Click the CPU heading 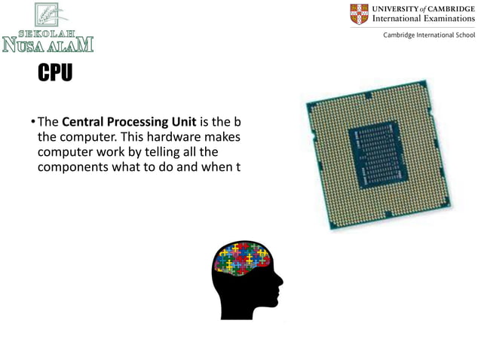pos(55,74)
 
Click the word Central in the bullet pos(83,123)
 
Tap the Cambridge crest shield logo pos(360,14)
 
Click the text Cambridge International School pos(429,35)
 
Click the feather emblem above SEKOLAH pos(51,14)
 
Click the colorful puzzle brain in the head pos(243,258)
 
